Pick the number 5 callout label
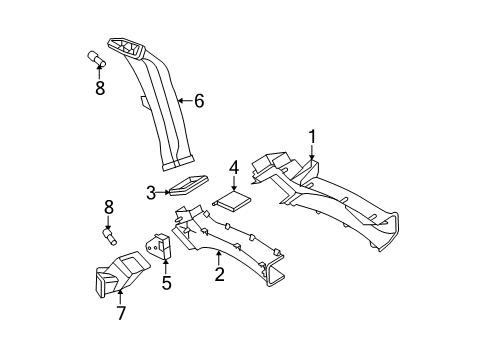click(166, 283)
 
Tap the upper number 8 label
click(100, 88)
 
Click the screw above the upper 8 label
click(99, 61)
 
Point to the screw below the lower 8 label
click(111, 238)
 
